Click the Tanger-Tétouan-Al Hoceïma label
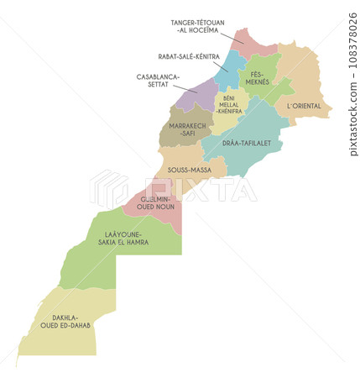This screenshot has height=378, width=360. pos(194,26)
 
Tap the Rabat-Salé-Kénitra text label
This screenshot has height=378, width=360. pos(189,56)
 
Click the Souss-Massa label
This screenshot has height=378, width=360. pos(189,170)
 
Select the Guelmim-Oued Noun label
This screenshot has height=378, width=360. pos(154,202)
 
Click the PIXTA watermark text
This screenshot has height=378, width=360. pos(201,189)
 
